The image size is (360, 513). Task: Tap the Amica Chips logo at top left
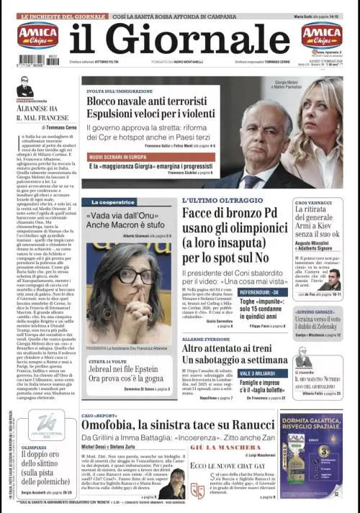click(x=37, y=34)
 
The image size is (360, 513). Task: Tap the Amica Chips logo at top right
click(x=322, y=34)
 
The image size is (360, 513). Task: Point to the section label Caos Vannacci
click(x=313, y=204)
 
